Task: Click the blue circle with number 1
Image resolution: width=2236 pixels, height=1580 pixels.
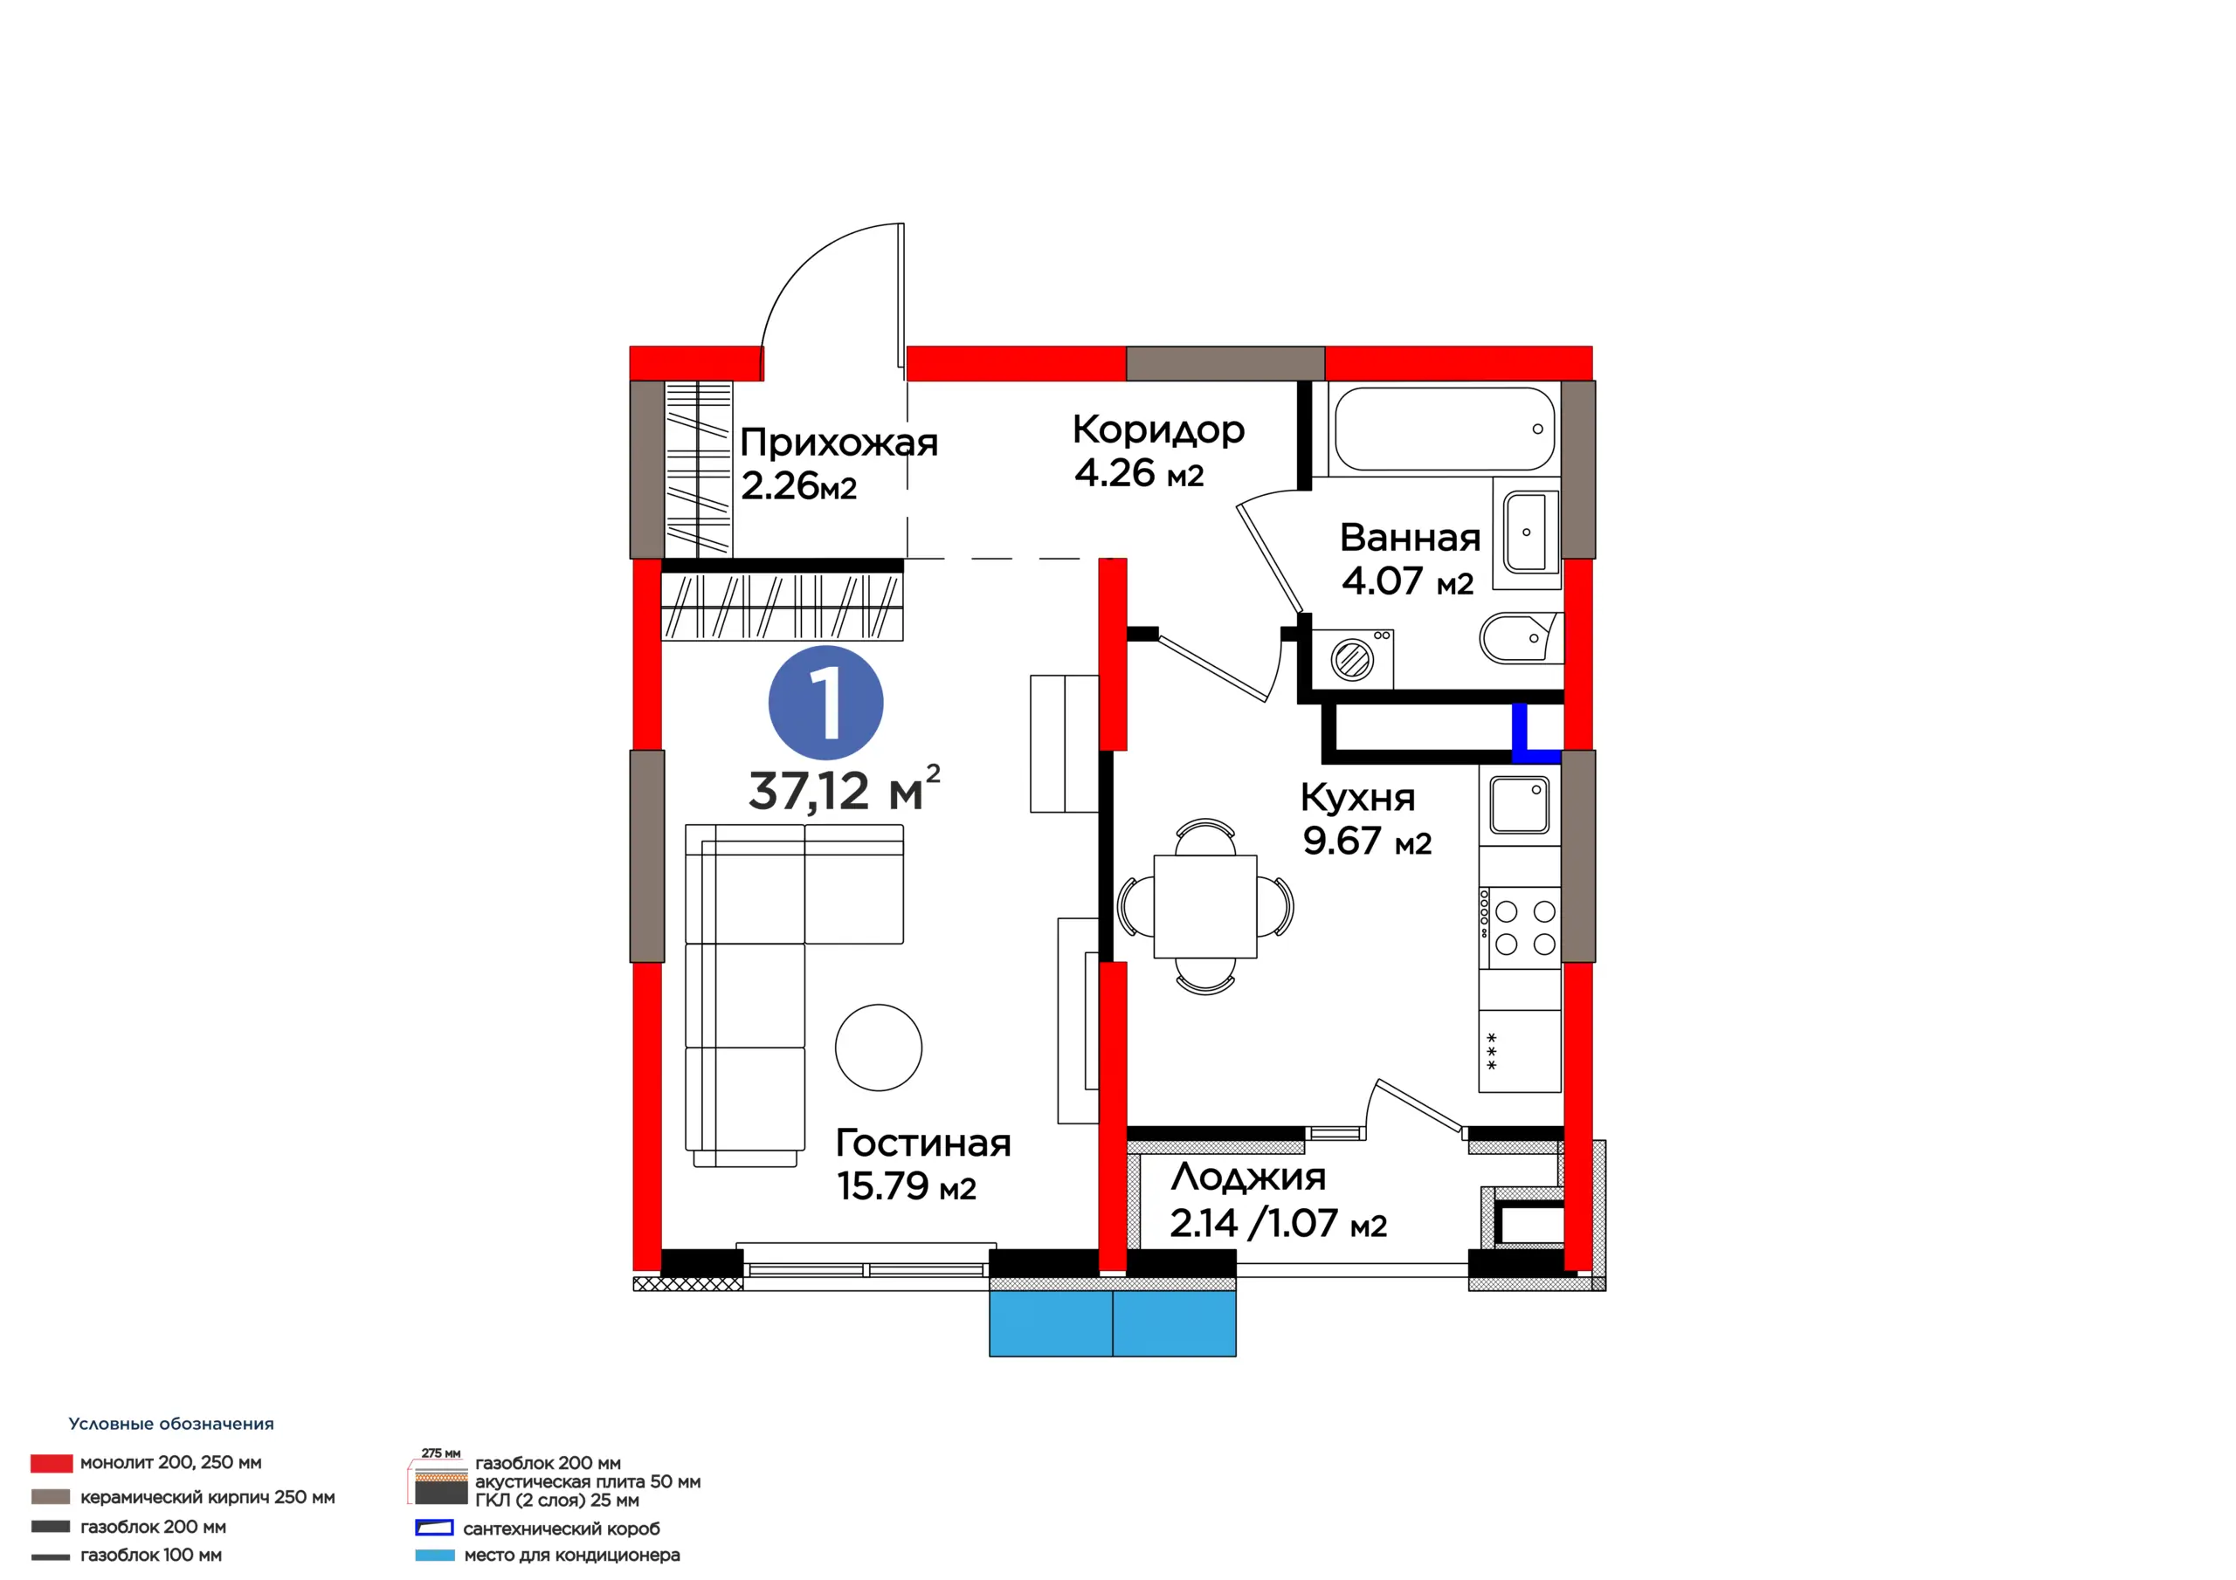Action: pyautogui.click(x=826, y=703)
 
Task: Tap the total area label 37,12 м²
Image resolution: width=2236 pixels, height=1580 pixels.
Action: pyautogui.click(x=845, y=788)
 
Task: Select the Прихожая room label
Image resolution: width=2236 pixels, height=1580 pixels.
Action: pyautogui.click(x=838, y=443)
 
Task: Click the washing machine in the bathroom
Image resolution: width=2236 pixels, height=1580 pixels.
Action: pyautogui.click(x=1353, y=659)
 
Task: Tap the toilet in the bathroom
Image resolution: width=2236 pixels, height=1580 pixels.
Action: pyautogui.click(x=1520, y=637)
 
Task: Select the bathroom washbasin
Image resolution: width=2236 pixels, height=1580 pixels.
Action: pyautogui.click(x=1531, y=532)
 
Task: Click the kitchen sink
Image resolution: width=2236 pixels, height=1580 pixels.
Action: pyautogui.click(x=1519, y=805)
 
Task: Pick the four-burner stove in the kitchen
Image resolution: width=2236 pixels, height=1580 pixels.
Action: pyautogui.click(x=1519, y=928)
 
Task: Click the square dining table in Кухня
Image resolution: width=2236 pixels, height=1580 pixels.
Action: pyautogui.click(x=1204, y=906)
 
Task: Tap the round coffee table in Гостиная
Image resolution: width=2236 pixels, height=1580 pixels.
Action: pyautogui.click(x=879, y=1048)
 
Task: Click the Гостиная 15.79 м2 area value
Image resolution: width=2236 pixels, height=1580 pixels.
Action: pyautogui.click(x=907, y=1186)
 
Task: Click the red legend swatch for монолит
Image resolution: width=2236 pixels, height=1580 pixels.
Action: pyautogui.click(x=52, y=1463)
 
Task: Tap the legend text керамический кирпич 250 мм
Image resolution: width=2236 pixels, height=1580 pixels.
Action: pyautogui.click(x=207, y=1497)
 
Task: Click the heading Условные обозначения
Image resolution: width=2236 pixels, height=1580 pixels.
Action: pyautogui.click(x=171, y=1423)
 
